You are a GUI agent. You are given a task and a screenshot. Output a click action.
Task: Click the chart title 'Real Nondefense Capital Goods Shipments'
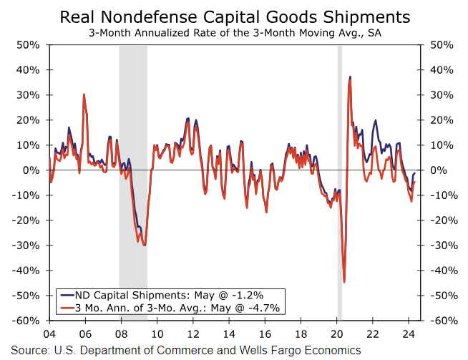[x=234, y=16]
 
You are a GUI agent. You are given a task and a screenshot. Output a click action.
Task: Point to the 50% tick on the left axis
[x=27, y=45]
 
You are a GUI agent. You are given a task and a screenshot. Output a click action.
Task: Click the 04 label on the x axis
[x=49, y=334]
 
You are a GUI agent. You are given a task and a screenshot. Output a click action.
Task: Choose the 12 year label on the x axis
[x=193, y=334]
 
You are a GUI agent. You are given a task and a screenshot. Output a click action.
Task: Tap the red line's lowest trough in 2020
[x=344, y=281]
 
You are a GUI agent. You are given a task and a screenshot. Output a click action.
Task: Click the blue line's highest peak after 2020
[x=350, y=77]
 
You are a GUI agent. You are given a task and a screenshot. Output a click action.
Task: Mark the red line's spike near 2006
[x=84, y=94]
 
